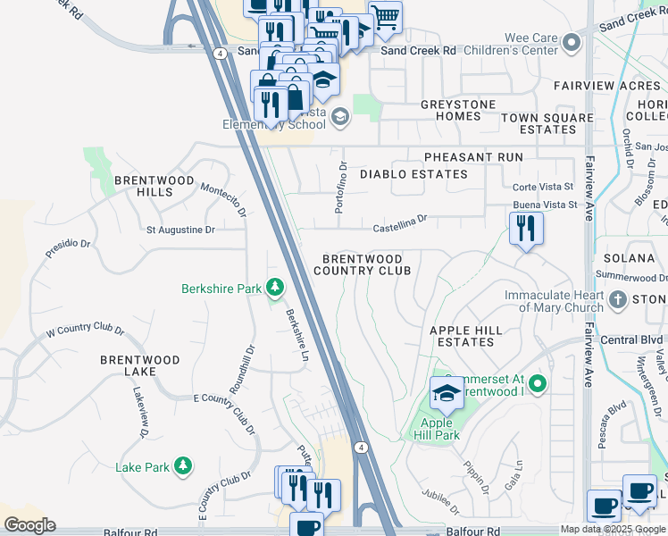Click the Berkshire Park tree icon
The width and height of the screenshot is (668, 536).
click(276, 288)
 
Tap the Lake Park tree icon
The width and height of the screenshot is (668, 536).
click(183, 465)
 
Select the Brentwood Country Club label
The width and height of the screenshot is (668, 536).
click(363, 264)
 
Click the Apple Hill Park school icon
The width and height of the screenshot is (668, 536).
click(446, 392)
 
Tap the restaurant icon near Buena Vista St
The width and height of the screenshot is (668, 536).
click(526, 229)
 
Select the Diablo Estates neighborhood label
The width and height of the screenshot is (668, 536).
click(413, 174)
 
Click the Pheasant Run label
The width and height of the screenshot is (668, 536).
click(473, 157)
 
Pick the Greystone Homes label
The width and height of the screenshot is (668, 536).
click(458, 110)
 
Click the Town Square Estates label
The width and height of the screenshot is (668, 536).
click(547, 123)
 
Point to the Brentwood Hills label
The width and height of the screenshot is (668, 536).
click(154, 186)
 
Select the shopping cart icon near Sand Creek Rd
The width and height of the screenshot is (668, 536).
click(385, 16)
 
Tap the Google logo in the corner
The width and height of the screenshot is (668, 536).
click(29, 525)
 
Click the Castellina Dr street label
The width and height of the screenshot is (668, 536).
click(400, 217)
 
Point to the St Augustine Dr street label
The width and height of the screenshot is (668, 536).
click(180, 230)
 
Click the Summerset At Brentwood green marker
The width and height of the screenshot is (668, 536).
click(536, 385)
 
